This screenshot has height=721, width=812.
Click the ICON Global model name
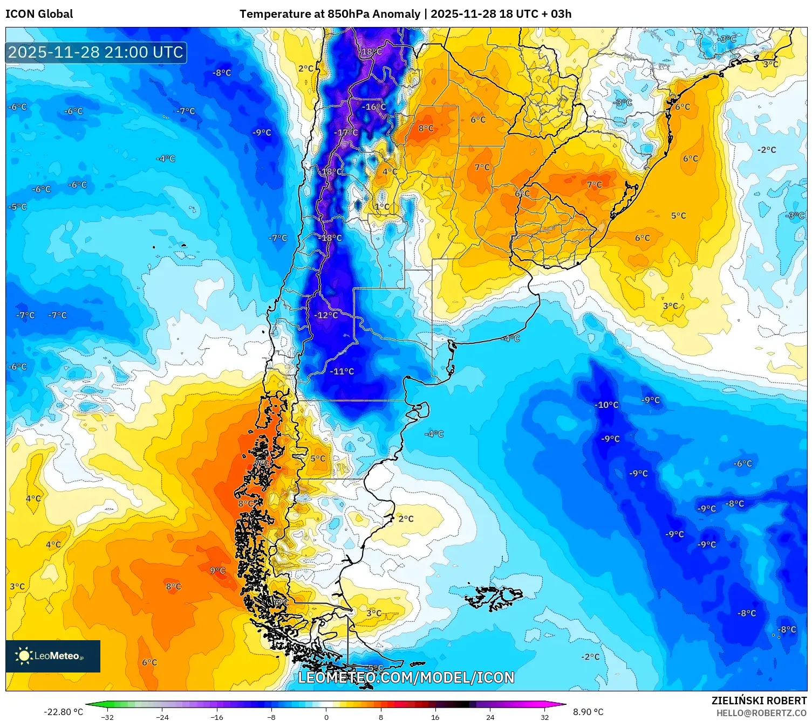[39, 14]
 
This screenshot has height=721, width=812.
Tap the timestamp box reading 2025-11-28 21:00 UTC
[96, 52]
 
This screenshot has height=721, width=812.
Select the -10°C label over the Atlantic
[606, 405]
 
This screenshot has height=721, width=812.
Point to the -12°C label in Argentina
[326, 315]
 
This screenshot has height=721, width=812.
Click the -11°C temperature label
[342, 371]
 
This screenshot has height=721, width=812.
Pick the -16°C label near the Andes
[374, 107]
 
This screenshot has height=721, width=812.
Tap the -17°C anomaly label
[346, 133]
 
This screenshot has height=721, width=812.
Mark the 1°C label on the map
[382, 206]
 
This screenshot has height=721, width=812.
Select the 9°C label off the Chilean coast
[217, 570]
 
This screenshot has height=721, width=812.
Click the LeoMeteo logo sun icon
[24, 656]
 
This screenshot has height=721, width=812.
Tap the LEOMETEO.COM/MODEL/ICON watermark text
[406, 677]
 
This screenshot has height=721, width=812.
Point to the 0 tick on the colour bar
[326, 717]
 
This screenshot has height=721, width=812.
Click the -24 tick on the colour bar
[162, 717]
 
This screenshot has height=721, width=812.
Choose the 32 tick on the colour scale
[544, 717]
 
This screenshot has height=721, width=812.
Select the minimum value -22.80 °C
[63, 712]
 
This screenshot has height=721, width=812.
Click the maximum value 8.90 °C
[588, 712]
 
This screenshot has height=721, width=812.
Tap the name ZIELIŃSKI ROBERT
[759, 701]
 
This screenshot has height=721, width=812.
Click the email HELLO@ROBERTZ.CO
[761, 713]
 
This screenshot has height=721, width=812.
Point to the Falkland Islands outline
[494, 597]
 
